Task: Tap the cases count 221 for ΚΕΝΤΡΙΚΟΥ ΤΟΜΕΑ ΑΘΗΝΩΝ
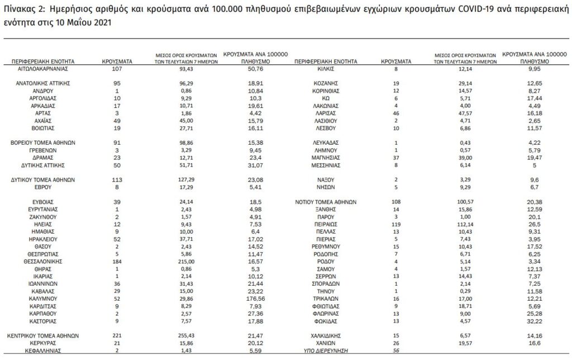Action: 117,335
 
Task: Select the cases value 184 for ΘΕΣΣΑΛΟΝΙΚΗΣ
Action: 117,261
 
